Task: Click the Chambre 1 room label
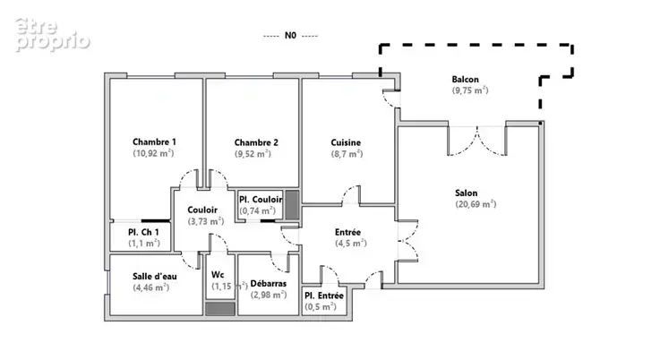(x=154, y=141)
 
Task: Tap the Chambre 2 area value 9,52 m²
(x=253, y=154)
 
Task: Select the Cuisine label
(x=346, y=142)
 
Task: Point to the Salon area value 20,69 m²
(x=476, y=204)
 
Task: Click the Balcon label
(x=465, y=79)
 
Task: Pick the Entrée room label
(x=347, y=232)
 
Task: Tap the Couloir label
(x=202, y=210)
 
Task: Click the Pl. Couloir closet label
(x=261, y=199)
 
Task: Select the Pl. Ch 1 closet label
(x=143, y=232)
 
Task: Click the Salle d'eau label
(x=154, y=276)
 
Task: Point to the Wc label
(x=218, y=275)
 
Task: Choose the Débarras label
(x=268, y=283)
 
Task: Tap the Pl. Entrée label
(x=324, y=296)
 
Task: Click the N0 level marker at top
(x=290, y=35)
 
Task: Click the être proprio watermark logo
(x=52, y=35)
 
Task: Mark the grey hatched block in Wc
(x=220, y=309)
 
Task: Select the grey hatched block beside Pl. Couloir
(x=292, y=205)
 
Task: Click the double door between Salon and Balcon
(x=477, y=141)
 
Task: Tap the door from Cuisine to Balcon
(x=391, y=99)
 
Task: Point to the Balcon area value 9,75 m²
(x=470, y=90)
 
